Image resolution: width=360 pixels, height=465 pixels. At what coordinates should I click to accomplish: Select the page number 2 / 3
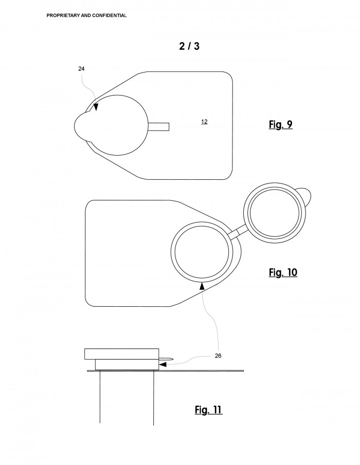coord(189,46)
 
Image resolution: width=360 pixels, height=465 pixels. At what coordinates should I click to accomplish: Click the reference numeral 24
coord(81,69)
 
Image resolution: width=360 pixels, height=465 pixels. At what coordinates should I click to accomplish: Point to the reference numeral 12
coord(204,122)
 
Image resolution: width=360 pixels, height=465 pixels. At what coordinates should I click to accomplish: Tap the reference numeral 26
coord(218,356)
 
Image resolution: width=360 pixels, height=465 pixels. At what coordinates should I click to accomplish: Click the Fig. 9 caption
coord(281,124)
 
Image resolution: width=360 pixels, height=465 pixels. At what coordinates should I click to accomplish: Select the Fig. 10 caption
coord(283,272)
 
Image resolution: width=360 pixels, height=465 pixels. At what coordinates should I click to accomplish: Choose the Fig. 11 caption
coord(209,410)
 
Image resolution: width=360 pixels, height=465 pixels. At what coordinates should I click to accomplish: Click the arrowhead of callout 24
coord(96,107)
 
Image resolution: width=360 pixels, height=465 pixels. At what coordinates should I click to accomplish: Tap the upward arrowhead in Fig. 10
coord(202,286)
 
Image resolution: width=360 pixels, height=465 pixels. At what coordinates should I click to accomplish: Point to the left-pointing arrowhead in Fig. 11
coord(163,364)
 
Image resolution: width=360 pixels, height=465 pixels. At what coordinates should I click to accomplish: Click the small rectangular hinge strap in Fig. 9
coord(159,126)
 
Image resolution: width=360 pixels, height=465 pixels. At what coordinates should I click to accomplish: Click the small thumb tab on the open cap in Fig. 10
coord(305,196)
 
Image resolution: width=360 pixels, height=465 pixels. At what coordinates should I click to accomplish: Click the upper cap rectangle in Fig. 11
coord(122,354)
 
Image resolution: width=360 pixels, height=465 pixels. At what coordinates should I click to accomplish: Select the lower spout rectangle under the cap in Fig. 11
coord(127,365)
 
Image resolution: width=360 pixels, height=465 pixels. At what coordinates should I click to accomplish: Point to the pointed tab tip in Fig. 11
coord(173,360)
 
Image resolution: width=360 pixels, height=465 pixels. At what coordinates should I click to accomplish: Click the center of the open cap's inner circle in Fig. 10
coord(275,213)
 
